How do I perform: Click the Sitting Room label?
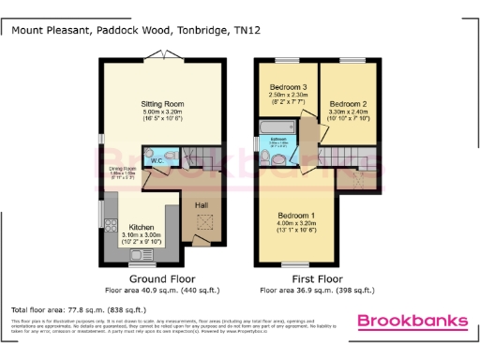(161, 104)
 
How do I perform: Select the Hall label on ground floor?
(201, 204)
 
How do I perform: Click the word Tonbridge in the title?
(197, 30)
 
